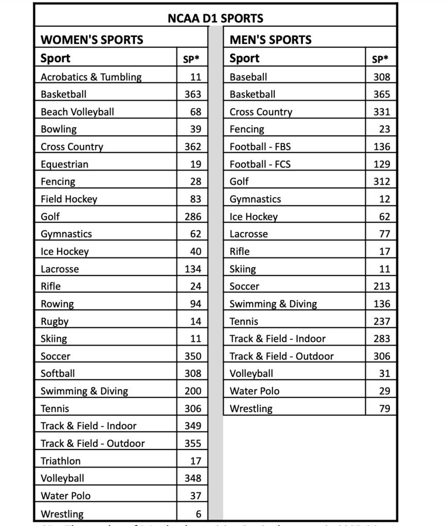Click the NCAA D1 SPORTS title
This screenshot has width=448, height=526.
pos(215,18)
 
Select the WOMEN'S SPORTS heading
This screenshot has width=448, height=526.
pos(92,40)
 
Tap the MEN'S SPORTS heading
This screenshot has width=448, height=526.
pos(271,40)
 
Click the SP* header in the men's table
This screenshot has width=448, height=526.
pos(380,59)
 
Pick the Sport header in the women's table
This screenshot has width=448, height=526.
pos(56,59)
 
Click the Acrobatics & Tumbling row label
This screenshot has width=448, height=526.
pos(91,77)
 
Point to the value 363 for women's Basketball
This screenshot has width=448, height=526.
pos(193,95)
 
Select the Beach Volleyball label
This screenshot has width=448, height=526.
pos(77,112)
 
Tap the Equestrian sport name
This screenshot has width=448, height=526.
pos(64,164)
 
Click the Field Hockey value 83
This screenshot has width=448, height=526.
pos(195,199)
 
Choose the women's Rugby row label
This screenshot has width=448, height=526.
pos(55,322)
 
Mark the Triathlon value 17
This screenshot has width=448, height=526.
pos(195,461)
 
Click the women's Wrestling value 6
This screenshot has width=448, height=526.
pos(198,514)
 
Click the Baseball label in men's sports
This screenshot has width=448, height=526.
pos(248,77)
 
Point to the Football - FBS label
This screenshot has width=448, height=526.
pos(260,147)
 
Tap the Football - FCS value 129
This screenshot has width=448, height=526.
pos(382,164)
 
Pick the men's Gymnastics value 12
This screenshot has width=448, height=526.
pos(384,199)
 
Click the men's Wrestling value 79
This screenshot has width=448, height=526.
pos(384,409)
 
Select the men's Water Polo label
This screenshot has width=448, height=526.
pos(255,391)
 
